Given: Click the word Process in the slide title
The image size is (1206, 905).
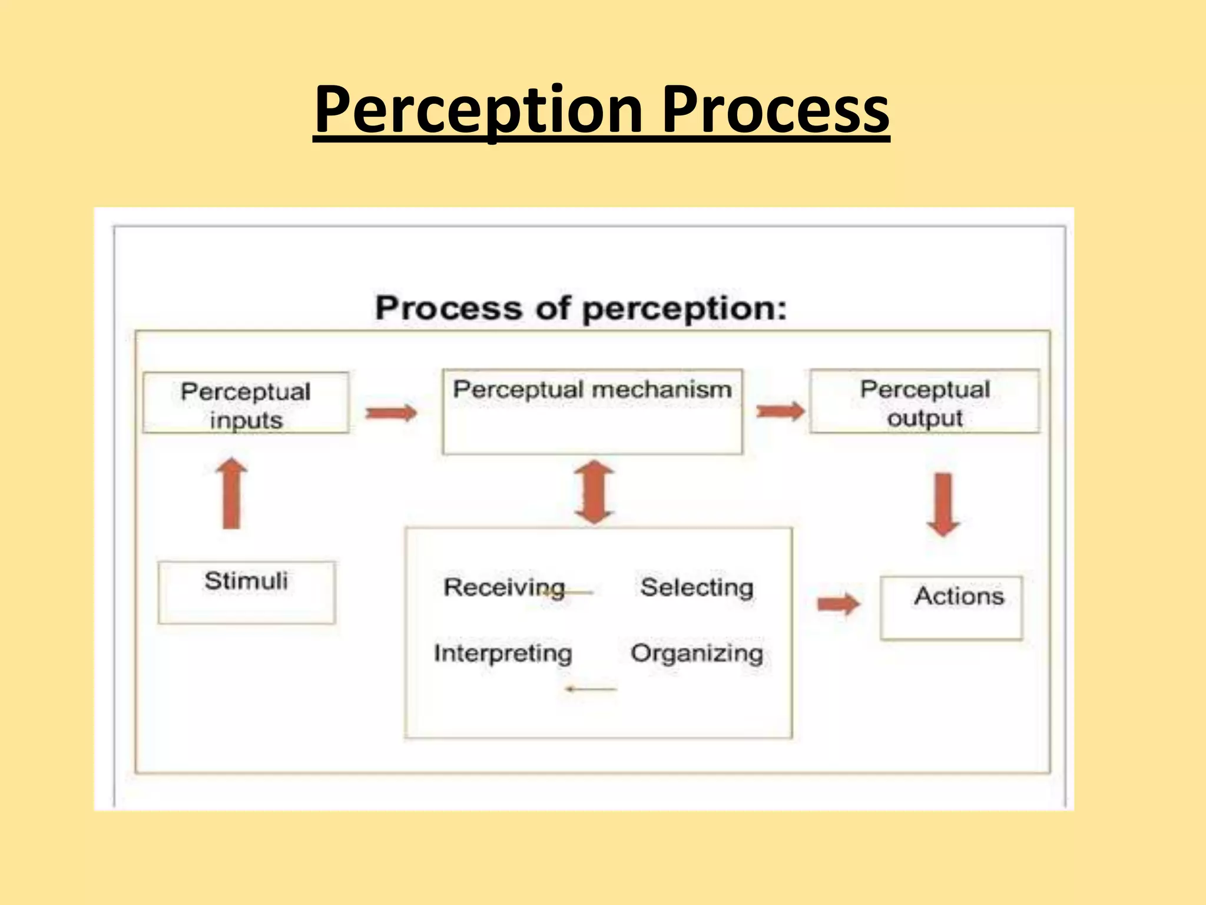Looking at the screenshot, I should pos(776,110).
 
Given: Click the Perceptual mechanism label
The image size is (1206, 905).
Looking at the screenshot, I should pos(592,390).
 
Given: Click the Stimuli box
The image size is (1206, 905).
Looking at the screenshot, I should pos(246,592).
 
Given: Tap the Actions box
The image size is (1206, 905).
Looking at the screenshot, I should pos(952,607).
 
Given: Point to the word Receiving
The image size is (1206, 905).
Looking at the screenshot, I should pos(504,587).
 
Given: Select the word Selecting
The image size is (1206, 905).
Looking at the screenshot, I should pos(697,587).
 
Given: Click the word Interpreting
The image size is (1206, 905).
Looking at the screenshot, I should pos(503,653).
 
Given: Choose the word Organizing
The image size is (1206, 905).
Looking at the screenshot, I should pos(697,653).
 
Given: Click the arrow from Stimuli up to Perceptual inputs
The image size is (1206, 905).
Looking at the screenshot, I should pos(231,494).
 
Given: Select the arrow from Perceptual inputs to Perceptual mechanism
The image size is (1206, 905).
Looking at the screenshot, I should pos(391,413).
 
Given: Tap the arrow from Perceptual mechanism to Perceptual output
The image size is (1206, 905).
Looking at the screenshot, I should pos(780,411).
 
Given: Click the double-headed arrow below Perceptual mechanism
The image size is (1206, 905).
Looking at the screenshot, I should pos(594,493).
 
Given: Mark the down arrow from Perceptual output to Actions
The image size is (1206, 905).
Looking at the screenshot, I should pos(943,504).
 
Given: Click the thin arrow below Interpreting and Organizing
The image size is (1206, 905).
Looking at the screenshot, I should pos(591,689).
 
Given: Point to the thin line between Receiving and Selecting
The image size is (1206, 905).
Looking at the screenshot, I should pos(574,592).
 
